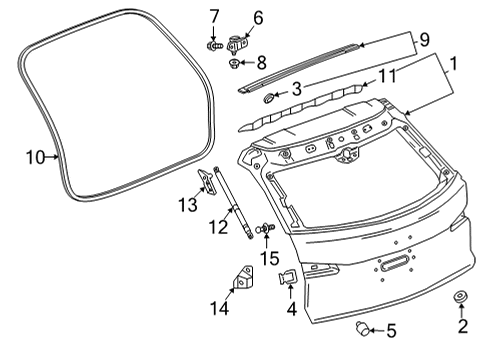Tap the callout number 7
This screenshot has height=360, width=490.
214,16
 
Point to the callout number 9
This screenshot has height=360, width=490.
424,41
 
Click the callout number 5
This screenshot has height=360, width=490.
392,331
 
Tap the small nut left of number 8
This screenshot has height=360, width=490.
233,63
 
